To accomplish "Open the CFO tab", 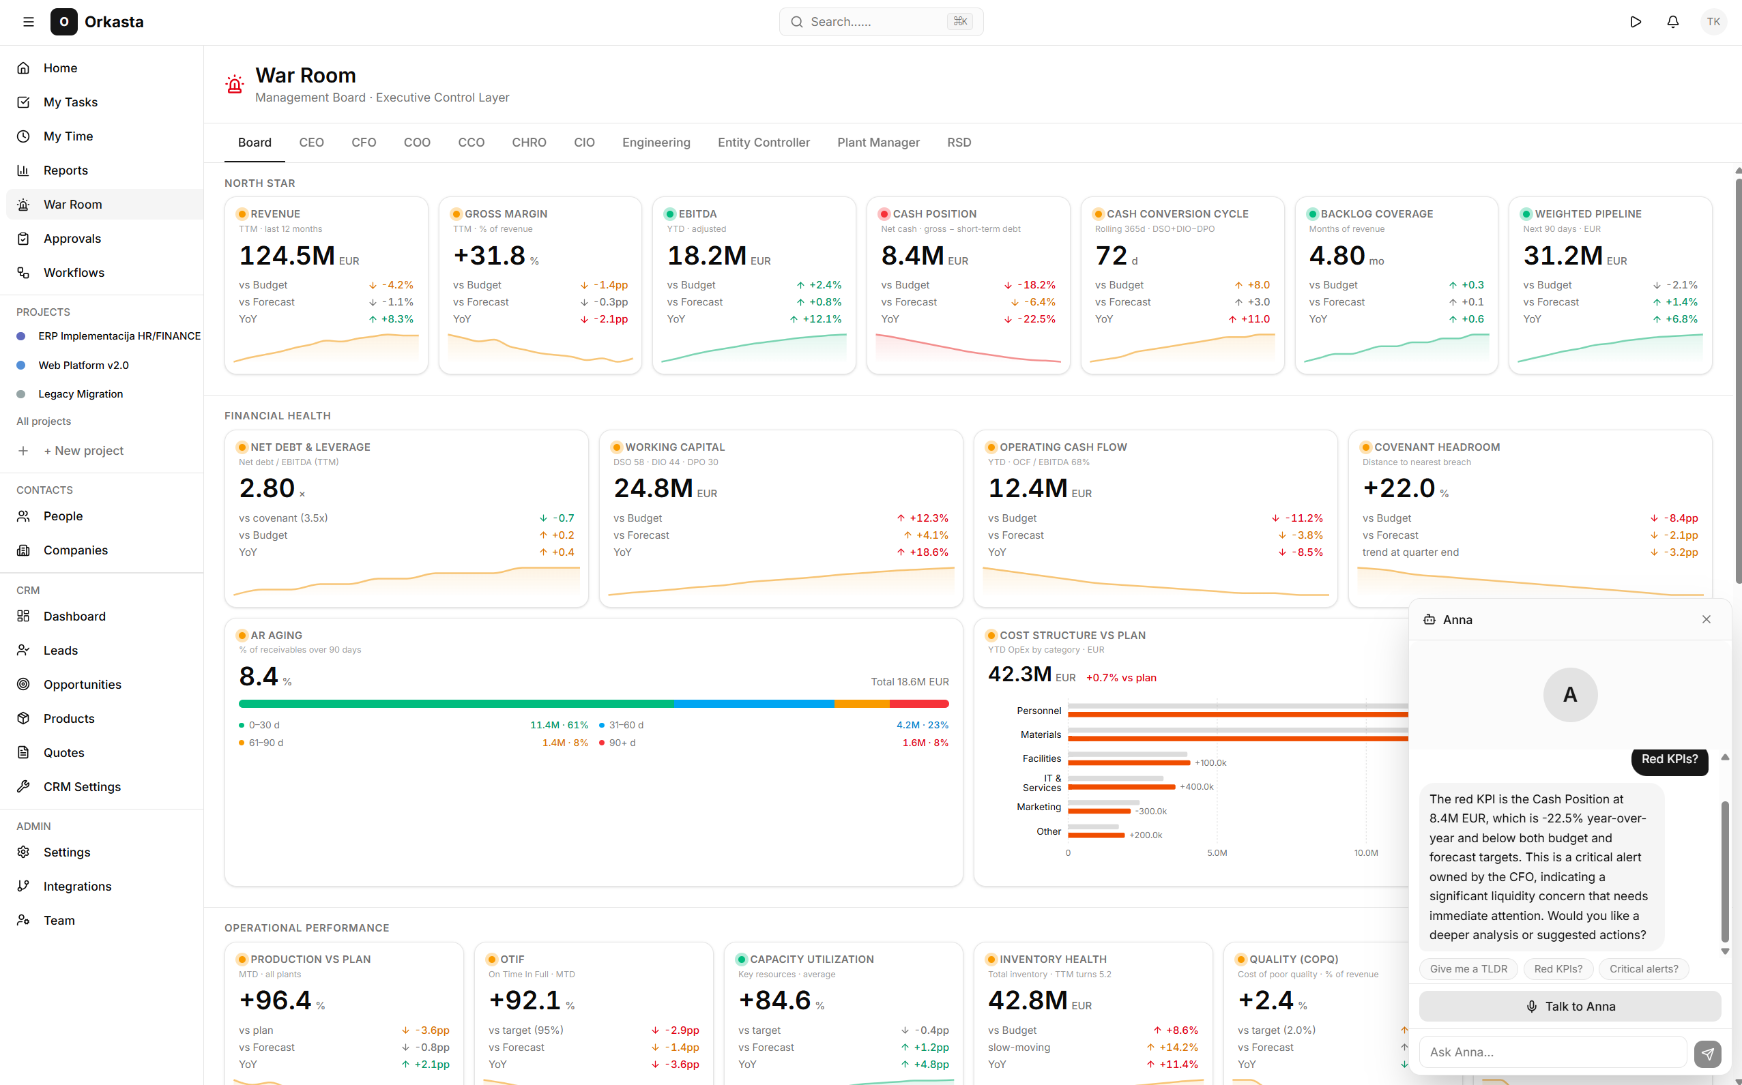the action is click(363, 142).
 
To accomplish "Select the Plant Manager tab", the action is click(877, 142).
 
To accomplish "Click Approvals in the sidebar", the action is click(72, 238).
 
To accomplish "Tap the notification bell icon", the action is click(1672, 22).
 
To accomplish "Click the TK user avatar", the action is click(1713, 22).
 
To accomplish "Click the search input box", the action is click(881, 22).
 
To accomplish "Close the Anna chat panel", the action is click(1706, 619).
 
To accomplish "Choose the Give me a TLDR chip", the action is click(1468, 969).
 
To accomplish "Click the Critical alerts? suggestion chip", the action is click(1644, 969).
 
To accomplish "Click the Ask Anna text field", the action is click(1552, 1052).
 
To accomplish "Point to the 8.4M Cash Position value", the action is click(912, 256).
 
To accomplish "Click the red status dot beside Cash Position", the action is click(884, 214).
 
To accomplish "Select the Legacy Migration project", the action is click(81, 394).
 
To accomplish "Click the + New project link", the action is click(83, 451).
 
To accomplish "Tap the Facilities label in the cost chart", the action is click(1041, 758).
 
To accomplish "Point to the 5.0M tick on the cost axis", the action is click(1217, 853).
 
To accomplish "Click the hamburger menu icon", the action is click(29, 22).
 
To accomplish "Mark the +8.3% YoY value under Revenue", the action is click(397, 319).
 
